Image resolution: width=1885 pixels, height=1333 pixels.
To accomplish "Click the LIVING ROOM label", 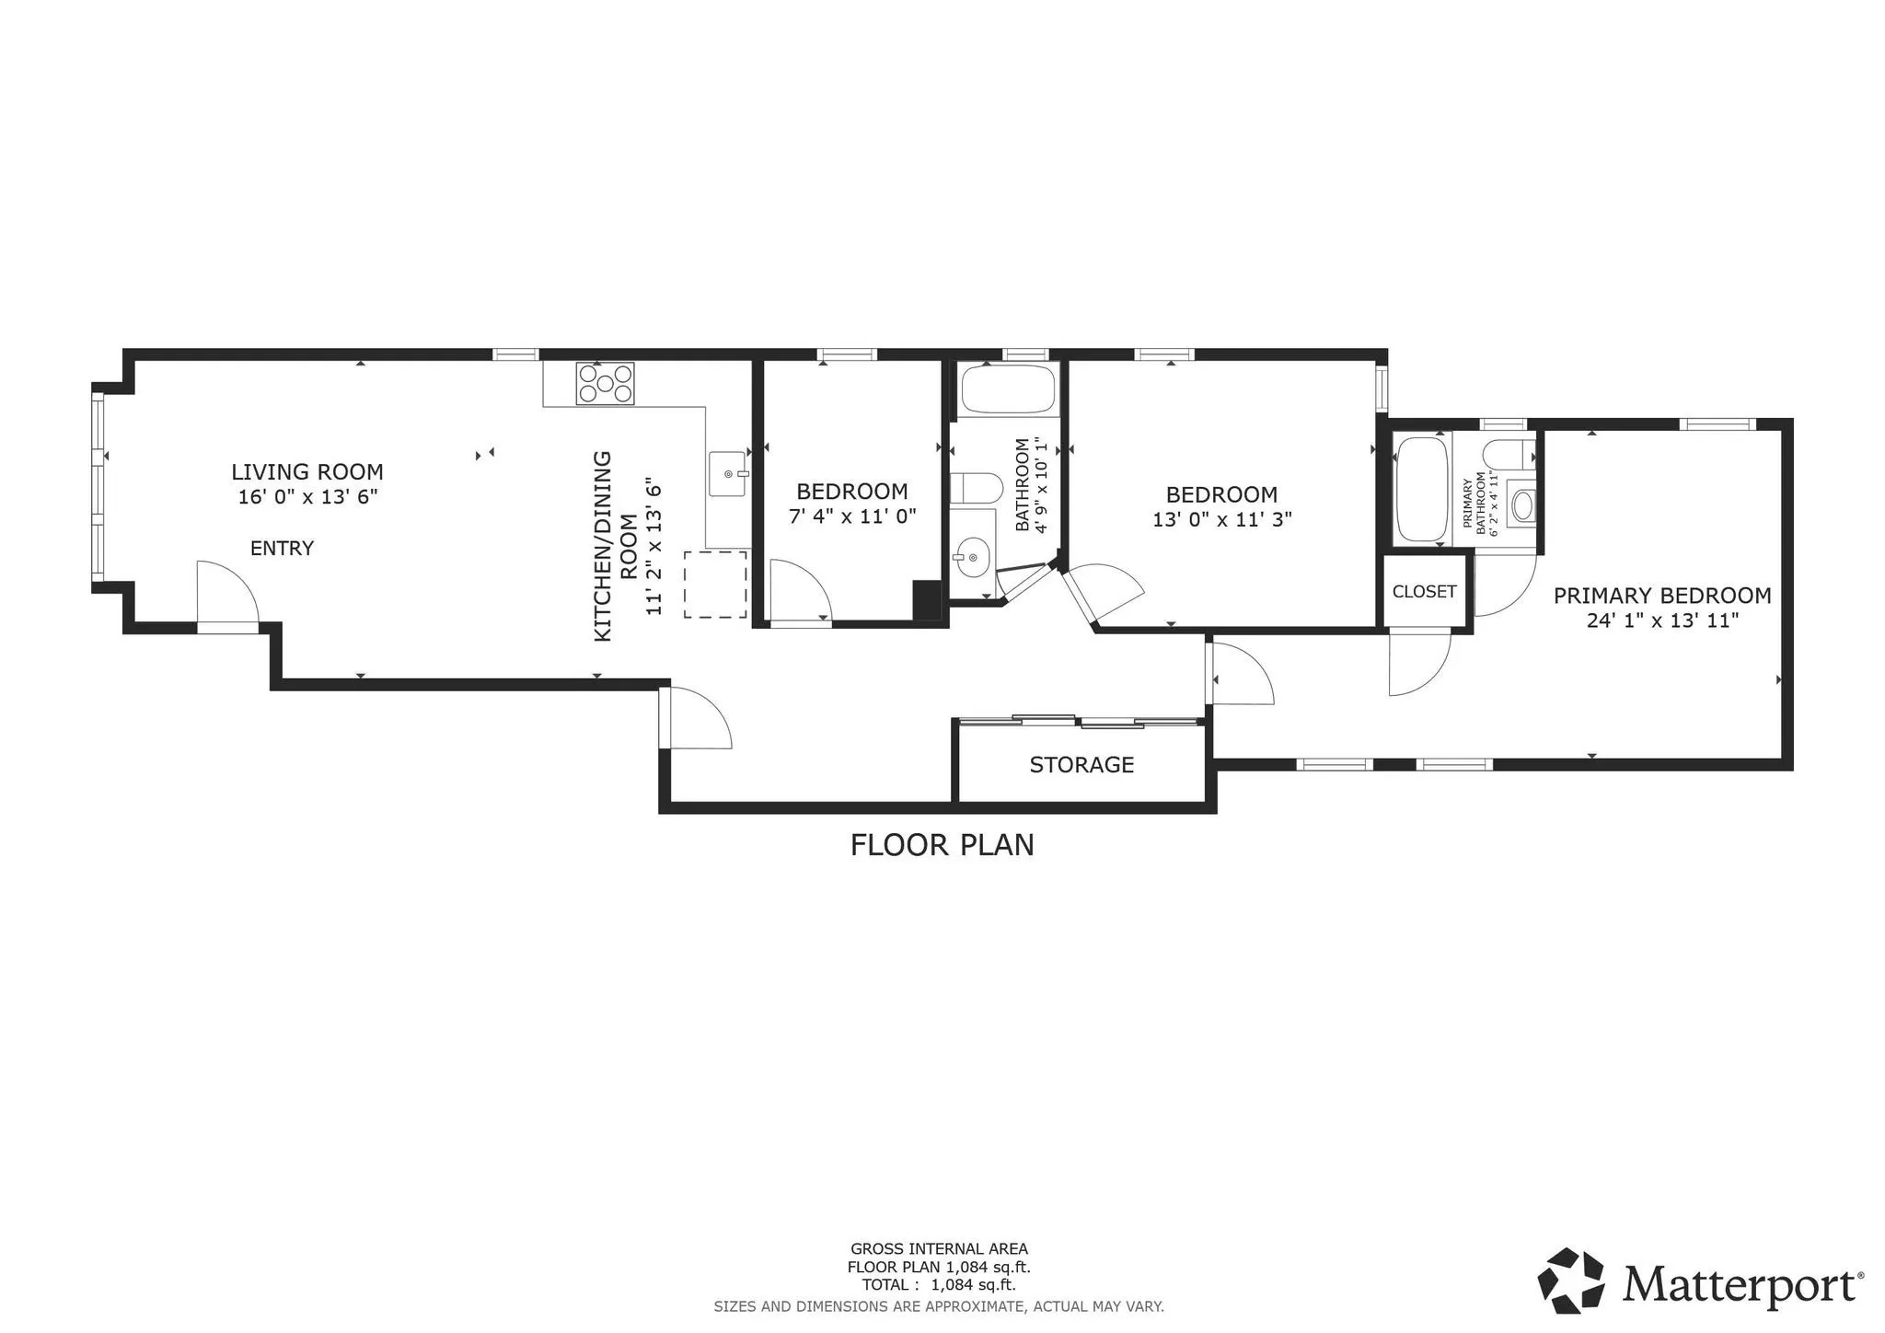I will pyautogui.click(x=306, y=472).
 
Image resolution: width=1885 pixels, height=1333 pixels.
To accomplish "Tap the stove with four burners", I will pyautogui.click(x=605, y=384).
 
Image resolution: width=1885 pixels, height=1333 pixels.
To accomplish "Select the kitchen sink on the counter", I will pyautogui.click(x=727, y=474).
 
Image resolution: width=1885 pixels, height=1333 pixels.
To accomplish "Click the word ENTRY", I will pyautogui.click(x=282, y=549).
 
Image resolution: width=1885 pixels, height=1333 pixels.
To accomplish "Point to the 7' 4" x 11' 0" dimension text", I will pyautogui.click(x=852, y=516).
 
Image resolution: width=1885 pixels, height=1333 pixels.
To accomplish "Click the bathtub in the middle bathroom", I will pyautogui.click(x=1008, y=390).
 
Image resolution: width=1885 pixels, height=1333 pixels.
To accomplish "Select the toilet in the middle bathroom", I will pyautogui.click(x=975, y=488).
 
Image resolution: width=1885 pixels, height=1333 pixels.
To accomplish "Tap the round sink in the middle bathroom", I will pyautogui.click(x=971, y=556).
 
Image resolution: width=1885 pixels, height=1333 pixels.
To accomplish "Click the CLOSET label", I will pyautogui.click(x=1424, y=592).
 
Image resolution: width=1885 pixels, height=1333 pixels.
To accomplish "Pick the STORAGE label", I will pyautogui.click(x=1081, y=765).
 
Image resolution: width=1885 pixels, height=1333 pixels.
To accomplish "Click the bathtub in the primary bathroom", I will pyautogui.click(x=1422, y=489).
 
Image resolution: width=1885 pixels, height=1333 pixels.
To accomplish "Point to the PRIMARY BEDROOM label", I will pyautogui.click(x=1662, y=596).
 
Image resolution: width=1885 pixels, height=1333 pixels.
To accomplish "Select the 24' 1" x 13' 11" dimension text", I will pyautogui.click(x=1662, y=620).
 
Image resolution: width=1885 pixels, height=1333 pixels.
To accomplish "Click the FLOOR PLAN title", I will pyautogui.click(x=942, y=845).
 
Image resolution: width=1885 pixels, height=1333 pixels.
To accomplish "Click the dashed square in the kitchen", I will pyautogui.click(x=715, y=585).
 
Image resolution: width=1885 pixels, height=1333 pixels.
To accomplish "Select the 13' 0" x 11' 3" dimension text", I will pyautogui.click(x=1221, y=519).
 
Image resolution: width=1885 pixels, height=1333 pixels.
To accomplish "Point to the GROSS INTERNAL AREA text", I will pyautogui.click(x=939, y=1249).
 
